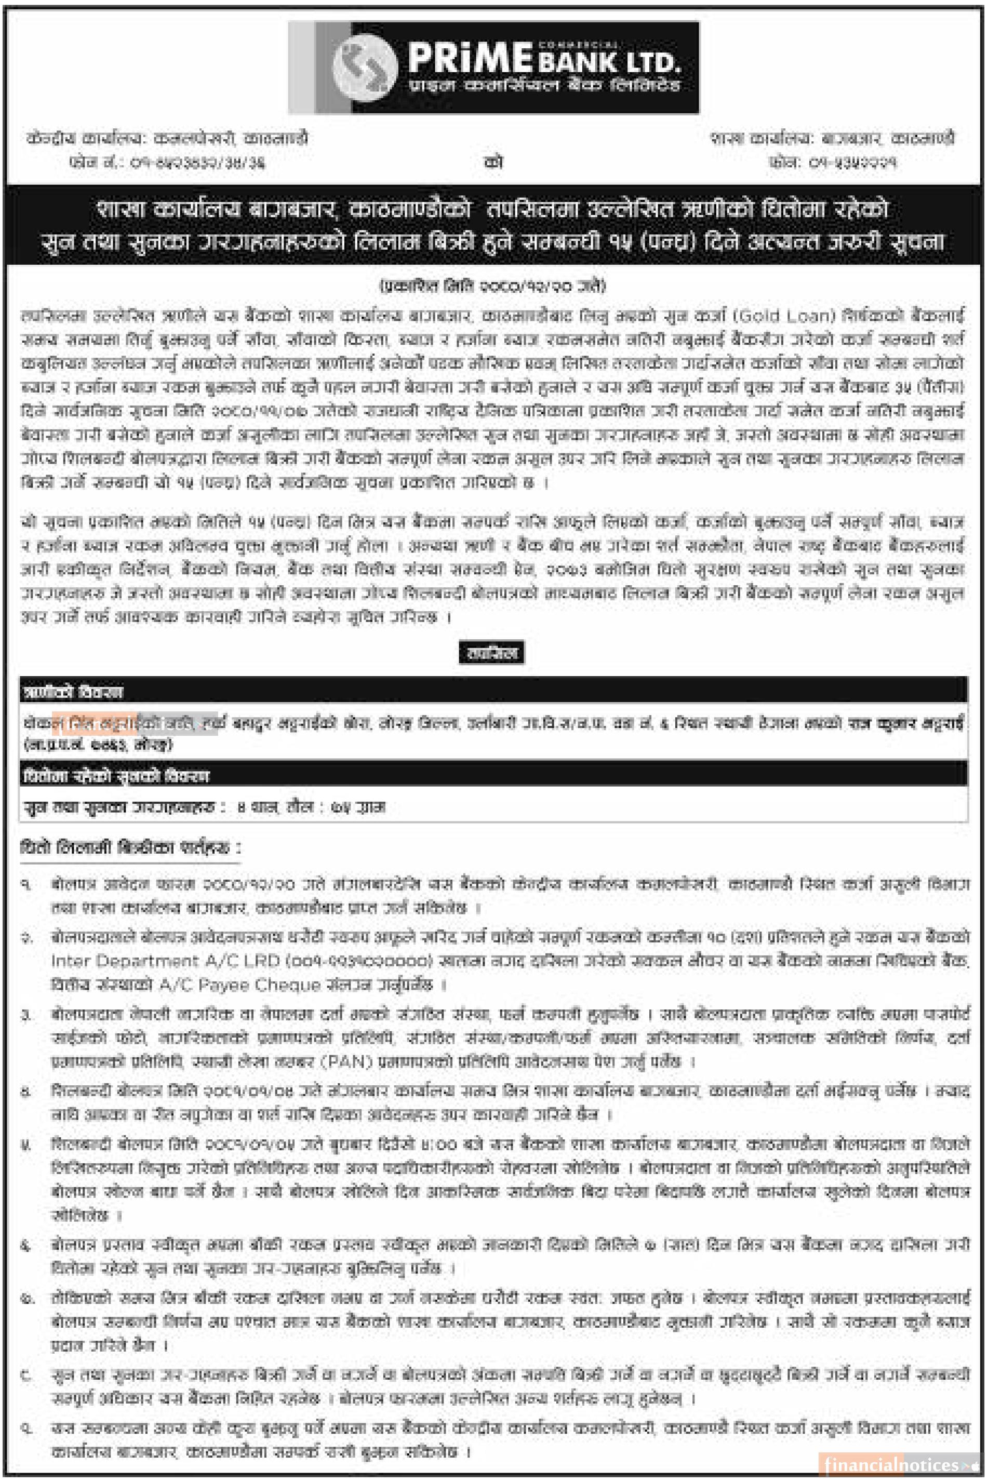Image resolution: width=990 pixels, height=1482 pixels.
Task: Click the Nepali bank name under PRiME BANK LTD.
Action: click(544, 86)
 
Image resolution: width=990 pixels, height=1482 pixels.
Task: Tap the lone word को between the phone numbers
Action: click(493, 161)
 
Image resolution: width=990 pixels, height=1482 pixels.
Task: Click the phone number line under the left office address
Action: click(167, 163)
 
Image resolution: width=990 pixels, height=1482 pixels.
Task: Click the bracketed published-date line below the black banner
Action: click(493, 286)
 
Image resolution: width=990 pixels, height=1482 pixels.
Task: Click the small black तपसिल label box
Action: click(491, 652)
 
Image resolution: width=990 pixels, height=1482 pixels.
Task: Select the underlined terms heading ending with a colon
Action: click(130, 847)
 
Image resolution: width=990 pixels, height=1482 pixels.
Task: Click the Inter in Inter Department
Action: click(69, 961)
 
